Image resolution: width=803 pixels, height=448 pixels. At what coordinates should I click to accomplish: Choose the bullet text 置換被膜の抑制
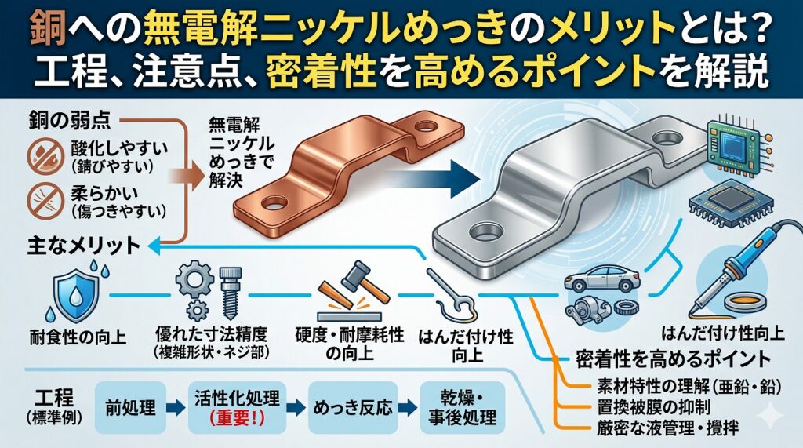click(645, 407)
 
